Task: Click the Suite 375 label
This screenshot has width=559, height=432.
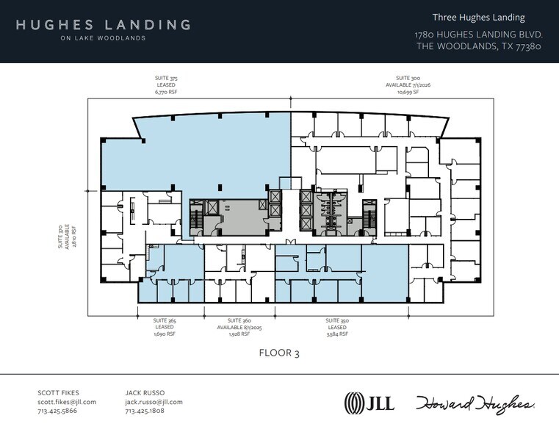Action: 166,84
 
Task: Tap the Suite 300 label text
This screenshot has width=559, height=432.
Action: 408,84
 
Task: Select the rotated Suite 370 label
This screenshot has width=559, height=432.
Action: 67,237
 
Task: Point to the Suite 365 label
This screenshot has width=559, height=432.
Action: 165,327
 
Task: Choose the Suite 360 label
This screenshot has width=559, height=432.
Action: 239,327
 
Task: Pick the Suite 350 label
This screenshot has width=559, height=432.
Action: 337,327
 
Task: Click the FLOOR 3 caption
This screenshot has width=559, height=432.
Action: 279,353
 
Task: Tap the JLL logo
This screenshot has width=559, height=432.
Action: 369,403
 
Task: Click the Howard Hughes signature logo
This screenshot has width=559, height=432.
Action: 475,405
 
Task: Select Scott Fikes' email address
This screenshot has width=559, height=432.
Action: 67,402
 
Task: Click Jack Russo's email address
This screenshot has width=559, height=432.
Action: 154,402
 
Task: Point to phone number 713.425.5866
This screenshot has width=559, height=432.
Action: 57,411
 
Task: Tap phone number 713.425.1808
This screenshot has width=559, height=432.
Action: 145,411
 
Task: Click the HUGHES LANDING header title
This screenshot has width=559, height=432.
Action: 104,24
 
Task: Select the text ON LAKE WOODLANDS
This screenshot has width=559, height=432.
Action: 103,38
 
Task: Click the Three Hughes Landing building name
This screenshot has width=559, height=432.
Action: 478,18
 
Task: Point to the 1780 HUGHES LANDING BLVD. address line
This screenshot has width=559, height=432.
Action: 478,35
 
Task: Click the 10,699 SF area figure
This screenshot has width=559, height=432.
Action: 408,92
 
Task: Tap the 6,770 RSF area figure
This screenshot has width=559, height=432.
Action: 166,92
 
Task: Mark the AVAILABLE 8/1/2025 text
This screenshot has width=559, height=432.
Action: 239,327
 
